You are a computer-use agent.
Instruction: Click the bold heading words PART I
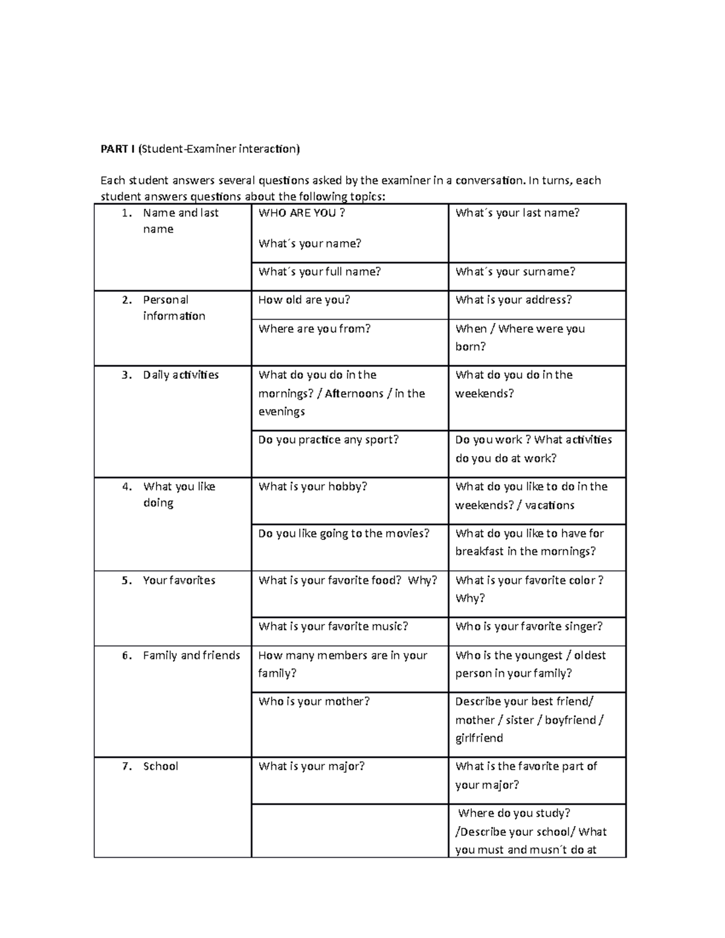(x=118, y=149)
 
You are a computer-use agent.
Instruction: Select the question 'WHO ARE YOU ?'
(x=301, y=213)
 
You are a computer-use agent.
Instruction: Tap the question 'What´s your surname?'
(x=515, y=272)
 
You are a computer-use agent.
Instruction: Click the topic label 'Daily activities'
(x=181, y=375)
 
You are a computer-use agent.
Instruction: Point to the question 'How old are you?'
(x=304, y=300)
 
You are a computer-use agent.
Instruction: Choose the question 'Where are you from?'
(x=314, y=329)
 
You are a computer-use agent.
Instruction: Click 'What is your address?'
(x=513, y=300)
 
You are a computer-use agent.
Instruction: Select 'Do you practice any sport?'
(x=328, y=440)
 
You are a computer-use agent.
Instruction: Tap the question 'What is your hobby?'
(x=312, y=487)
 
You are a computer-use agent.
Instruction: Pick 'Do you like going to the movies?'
(x=343, y=533)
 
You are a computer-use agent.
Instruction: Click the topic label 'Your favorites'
(x=179, y=580)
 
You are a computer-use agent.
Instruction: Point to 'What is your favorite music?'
(x=333, y=627)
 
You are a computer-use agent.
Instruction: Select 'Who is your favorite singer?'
(x=529, y=627)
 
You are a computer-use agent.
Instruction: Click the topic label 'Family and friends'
(x=192, y=655)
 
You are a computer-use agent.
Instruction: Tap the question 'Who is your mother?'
(x=314, y=702)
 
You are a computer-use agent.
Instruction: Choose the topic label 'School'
(x=160, y=766)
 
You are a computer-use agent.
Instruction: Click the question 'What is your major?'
(x=311, y=766)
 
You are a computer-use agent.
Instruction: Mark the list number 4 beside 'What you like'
(x=126, y=487)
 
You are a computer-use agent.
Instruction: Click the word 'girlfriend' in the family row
(x=479, y=738)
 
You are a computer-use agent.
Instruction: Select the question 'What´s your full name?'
(x=319, y=272)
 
